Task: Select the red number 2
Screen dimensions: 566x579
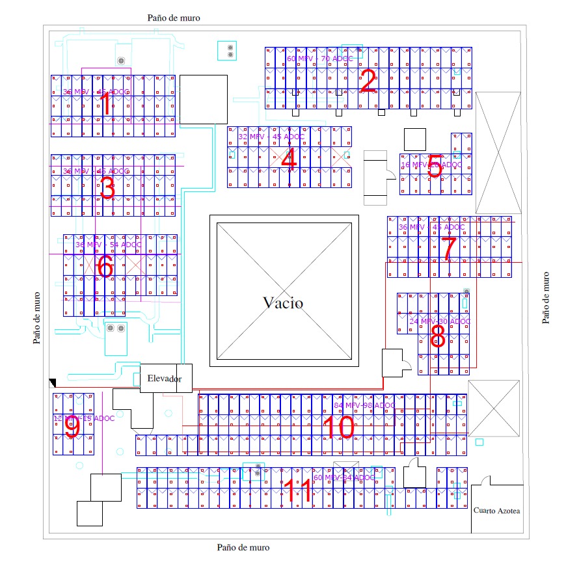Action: pyautogui.click(x=368, y=82)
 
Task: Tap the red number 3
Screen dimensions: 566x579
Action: pyautogui.click(x=107, y=189)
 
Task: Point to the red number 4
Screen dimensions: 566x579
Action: pyautogui.click(x=289, y=160)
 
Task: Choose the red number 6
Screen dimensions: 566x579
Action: pyautogui.click(x=105, y=265)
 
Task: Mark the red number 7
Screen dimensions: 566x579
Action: pyautogui.click(x=448, y=249)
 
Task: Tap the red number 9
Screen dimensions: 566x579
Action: pyautogui.click(x=72, y=427)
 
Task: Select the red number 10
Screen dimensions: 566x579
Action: pyautogui.click(x=338, y=427)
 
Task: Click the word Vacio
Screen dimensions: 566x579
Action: pyautogui.click(x=283, y=303)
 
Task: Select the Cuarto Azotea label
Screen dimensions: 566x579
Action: pyautogui.click(x=497, y=511)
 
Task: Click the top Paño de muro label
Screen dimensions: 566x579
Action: pyautogui.click(x=174, y=18)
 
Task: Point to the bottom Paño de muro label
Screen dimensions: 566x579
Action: pyautogui.click(x=243, y=548)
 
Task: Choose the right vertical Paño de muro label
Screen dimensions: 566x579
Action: pyautogui.click(x=546, y=297)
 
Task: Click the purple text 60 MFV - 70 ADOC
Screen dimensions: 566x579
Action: pyautogui.click(x=320, y=59)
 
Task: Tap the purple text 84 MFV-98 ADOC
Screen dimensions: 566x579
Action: pyautogui.click(x=364, y=405)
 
